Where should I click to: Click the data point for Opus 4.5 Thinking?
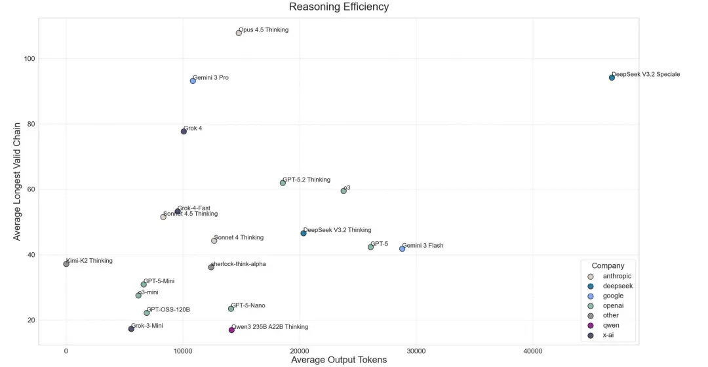pos(239,33)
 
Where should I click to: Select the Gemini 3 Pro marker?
pos(193,81)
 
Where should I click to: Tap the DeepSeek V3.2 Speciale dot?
pos(612,77)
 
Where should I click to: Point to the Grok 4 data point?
pos(184,131)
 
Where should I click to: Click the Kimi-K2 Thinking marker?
pos(66,264)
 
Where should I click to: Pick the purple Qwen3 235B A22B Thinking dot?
pos(231,330)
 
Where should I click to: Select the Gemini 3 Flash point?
pos(402,248)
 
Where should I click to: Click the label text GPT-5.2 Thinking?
pos(306,180)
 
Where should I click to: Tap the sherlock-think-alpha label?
pos(238,264)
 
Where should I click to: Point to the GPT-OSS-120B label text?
pos(168,309)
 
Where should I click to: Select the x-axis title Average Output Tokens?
pos(339,359)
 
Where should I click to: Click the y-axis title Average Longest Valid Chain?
pos(18,180)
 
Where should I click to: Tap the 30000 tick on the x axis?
pos(416,352)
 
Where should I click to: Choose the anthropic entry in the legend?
pos(617,277)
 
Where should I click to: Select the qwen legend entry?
pos(611,325)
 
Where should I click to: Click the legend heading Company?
pos(608,265)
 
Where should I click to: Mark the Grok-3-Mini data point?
pos(131,329)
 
